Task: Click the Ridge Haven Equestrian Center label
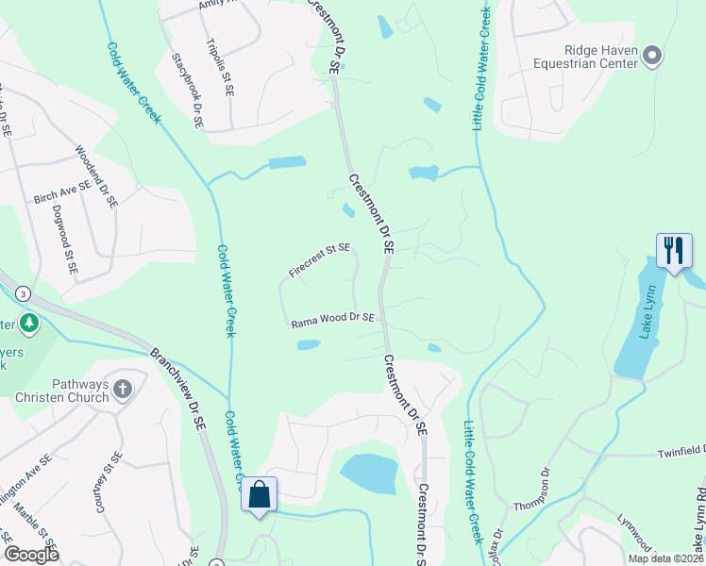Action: click(x=587, y=58)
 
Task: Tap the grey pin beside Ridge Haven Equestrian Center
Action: click(x=652, y=58)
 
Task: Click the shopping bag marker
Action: click(x=259, y=494)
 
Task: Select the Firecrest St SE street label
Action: click(x=319, y=261)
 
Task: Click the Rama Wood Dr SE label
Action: click(x=333, y=320)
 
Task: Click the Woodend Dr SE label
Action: click(x=96, y=175)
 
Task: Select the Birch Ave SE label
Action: click(x=61, y=192)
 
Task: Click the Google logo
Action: click(x=31, y=555)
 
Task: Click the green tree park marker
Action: click(x=29, y=325)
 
